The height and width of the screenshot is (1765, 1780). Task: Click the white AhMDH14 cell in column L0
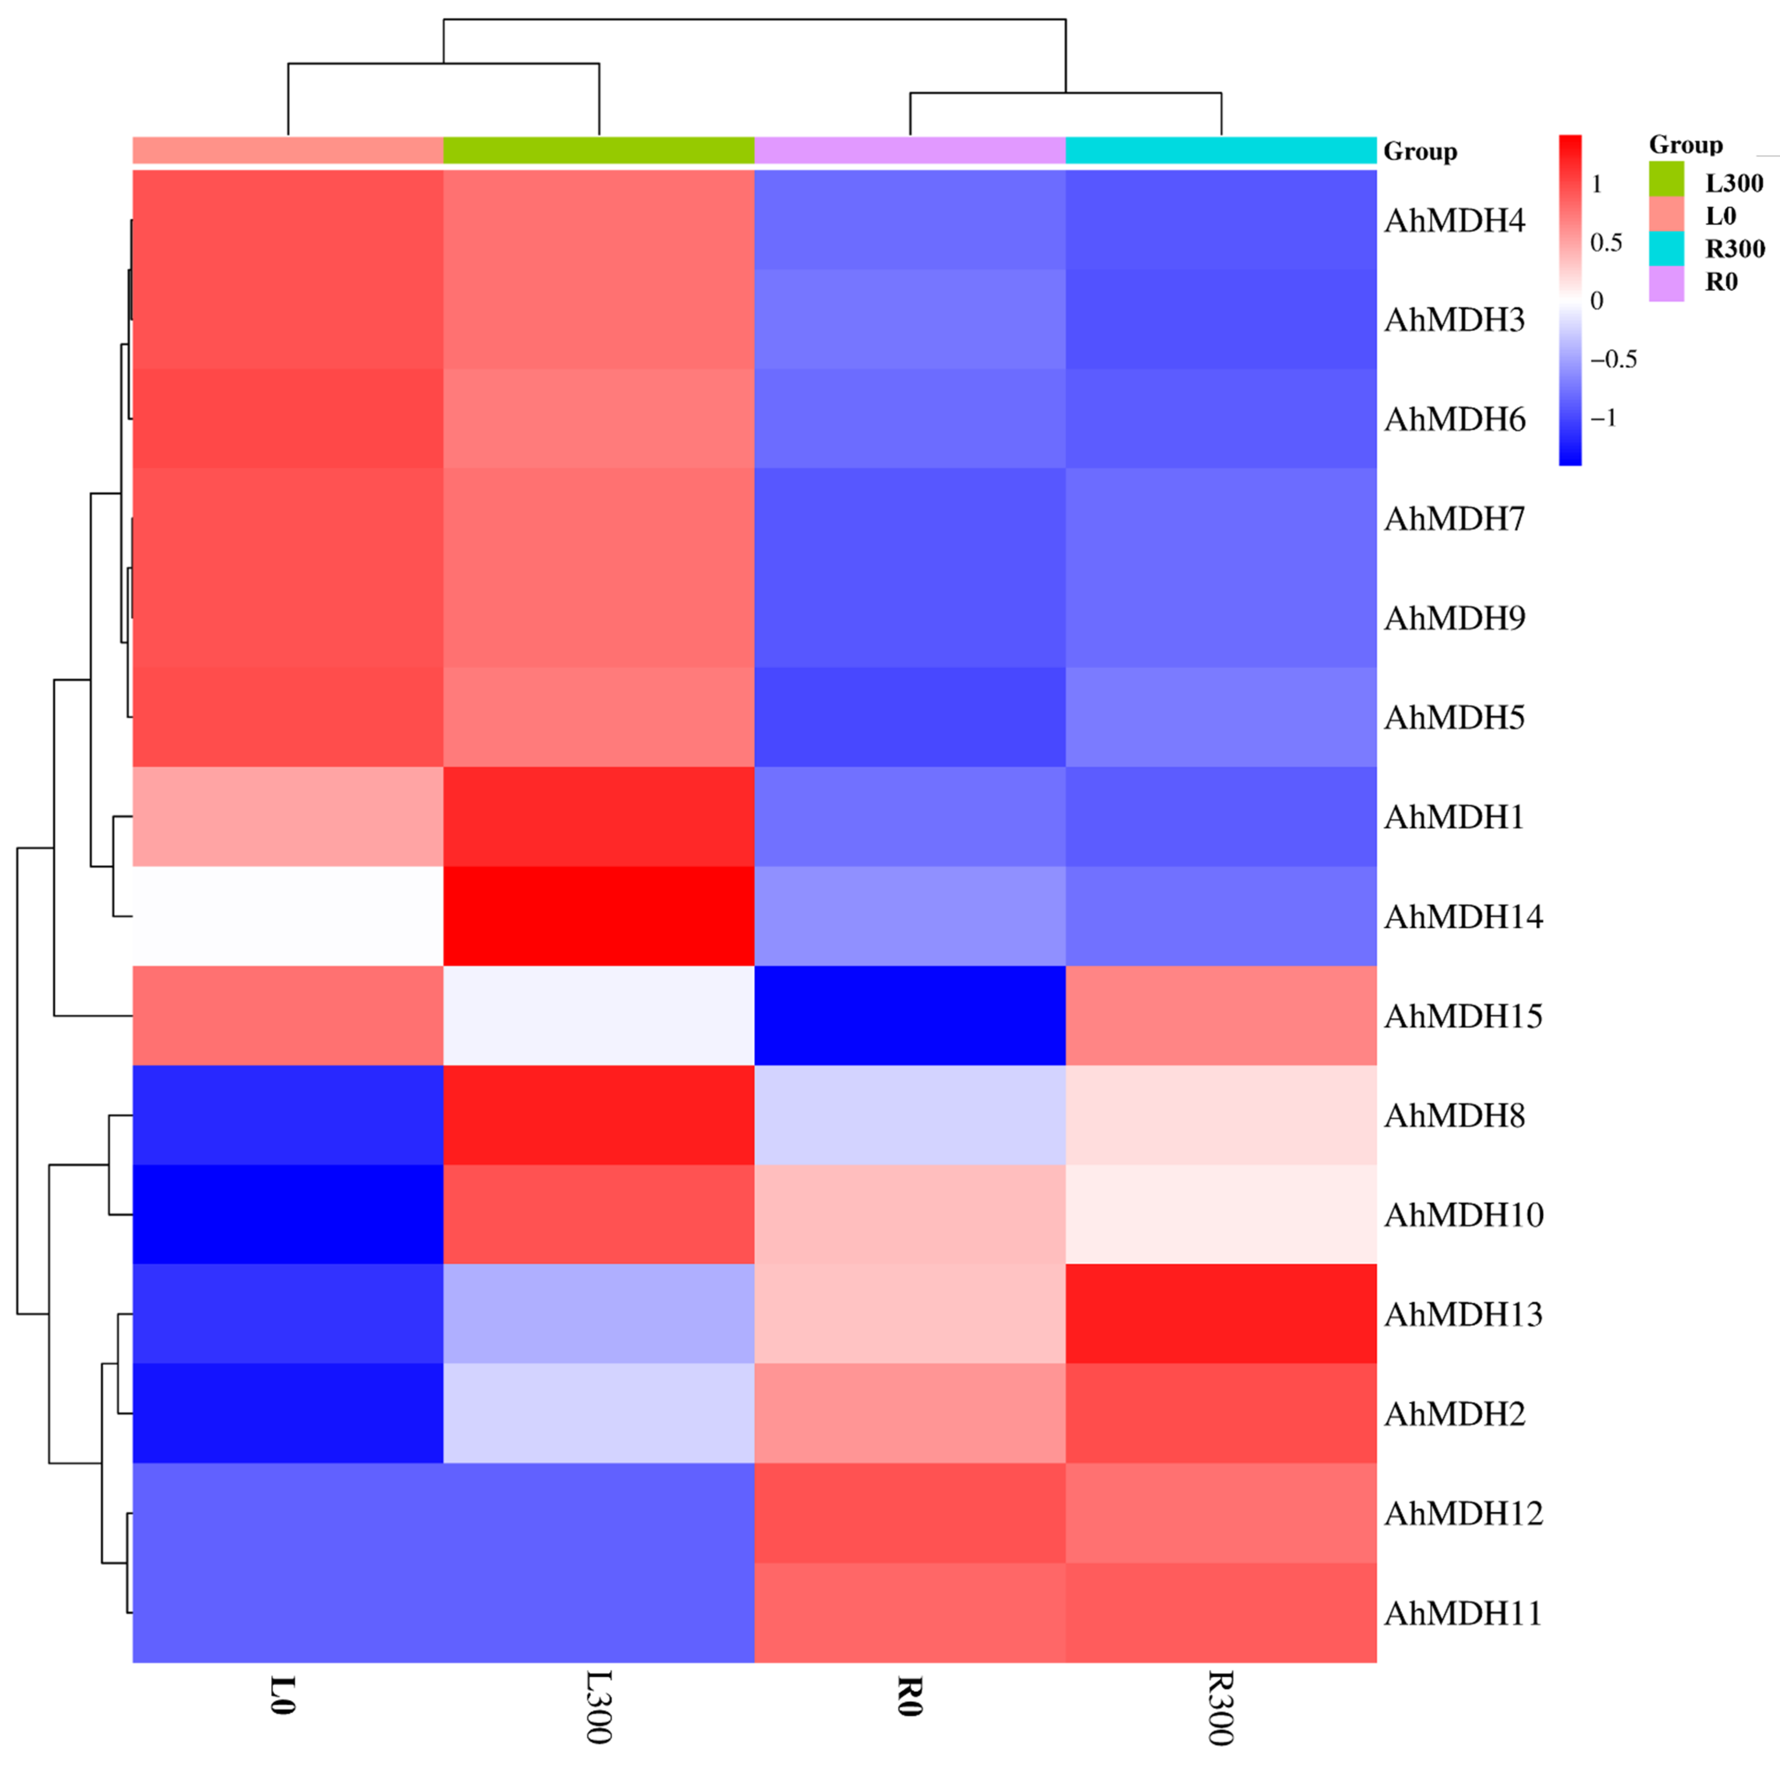click(288, 916)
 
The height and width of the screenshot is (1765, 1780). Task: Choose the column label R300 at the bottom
click(1221, 1707)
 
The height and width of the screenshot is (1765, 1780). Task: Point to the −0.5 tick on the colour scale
click(1613, 359)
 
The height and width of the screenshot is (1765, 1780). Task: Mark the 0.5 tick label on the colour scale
click(1606, 242)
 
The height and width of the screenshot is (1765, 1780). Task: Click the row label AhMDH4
click(1454, 220)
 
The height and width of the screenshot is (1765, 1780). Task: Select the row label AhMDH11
click(1463, 1613)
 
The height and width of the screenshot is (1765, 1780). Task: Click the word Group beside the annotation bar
click(1420, 151)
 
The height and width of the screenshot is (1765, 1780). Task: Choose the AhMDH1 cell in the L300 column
click(599, 817)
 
